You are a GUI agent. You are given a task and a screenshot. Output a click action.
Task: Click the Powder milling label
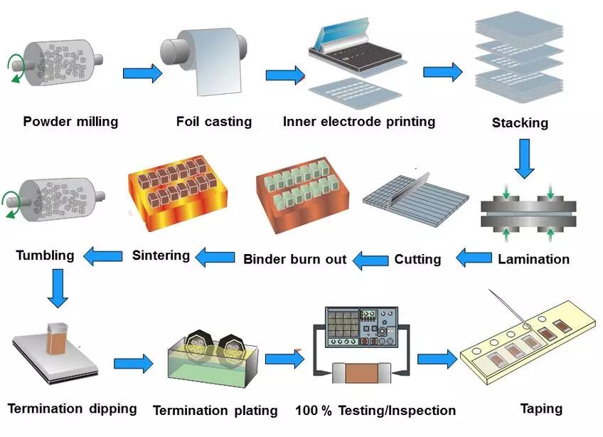pyautogui.click(x=70, y=122)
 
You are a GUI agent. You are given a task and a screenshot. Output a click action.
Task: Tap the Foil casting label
pyautogui.click(x=214, y=122)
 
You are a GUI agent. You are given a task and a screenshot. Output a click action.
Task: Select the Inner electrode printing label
pyautogui.click(x=359, y=122)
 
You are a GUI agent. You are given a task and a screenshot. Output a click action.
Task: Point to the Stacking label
pyautogui.click(x=520, y=123)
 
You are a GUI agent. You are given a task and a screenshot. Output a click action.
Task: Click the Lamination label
pyautogui.click(x=533, y=259)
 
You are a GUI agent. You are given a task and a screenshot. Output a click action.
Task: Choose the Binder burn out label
pyautogui.click(x=295, y=259)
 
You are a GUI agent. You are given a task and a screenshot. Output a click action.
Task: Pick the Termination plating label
pyautogui.click(x=215, y=411)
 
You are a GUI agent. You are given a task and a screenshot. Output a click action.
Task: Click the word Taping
pyautogui.click(x=541, y=409)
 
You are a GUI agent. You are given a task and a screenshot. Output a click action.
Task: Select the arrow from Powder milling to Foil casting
pyautogui.click(x=143, y=73)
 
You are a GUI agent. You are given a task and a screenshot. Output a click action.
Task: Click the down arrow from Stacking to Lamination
pyautogui.click(x=525, y=159)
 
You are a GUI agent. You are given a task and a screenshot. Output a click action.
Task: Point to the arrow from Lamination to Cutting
pyautogui.click(x=473, y=258)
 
